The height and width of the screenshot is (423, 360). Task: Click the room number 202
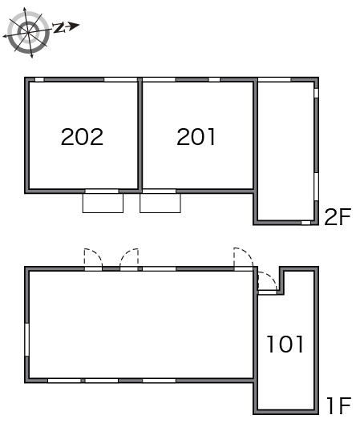click(x=82, y=137)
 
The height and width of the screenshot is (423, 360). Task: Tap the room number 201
click(x=196, y=137)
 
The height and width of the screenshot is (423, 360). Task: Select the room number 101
click(x=285, y=344)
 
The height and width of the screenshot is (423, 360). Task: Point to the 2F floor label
click(x=338, y=216)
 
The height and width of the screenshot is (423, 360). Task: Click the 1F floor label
click(x=338, y=405)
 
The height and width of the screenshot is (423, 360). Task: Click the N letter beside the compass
click(x=59, y=27)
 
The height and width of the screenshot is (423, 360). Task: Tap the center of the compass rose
click(x=28, y=32)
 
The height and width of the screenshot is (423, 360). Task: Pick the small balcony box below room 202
click(x=103, y=203)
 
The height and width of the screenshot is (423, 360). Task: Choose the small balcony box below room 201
click(x=160, y=203)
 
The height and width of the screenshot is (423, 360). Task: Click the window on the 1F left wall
click(x=26, y=340)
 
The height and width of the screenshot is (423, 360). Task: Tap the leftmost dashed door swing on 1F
click(x=93, y=258)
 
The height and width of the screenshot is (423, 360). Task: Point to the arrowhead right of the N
click(x=73, y=26)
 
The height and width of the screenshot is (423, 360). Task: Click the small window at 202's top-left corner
click(x=39, y=79)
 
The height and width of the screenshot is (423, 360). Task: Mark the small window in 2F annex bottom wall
click(x=305, y=223)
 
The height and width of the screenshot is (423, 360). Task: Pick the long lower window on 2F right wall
click(x=316, y=187)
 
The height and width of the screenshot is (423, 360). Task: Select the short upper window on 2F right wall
click(x=316, y=93)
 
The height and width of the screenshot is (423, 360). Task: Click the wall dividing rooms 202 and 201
click(x=140, y=135)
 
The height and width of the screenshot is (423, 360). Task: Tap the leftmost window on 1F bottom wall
click(x=64, y=381)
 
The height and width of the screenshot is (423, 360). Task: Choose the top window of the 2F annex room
click(x=274, y=79)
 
